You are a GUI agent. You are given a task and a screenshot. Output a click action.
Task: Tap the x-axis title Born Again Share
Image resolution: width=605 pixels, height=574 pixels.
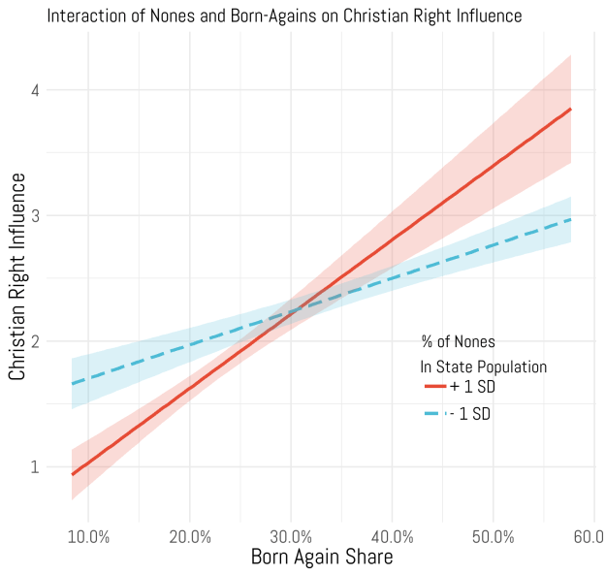click(322, 557)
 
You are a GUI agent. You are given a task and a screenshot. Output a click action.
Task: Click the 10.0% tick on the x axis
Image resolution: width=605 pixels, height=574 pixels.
click(89, 535)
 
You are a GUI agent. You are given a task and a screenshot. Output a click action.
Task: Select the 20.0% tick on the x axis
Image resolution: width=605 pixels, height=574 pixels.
click(190, 535)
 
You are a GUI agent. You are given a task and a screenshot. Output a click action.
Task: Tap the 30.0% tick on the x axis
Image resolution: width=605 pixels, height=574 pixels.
click(291, 535)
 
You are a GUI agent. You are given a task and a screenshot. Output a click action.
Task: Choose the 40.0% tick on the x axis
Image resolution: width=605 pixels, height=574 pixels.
click(393, 535)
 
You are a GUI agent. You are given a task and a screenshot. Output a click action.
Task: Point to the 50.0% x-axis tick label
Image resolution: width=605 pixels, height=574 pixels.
click(494, 535)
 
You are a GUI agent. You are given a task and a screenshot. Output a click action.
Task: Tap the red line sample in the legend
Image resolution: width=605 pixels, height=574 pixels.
click(434, 387)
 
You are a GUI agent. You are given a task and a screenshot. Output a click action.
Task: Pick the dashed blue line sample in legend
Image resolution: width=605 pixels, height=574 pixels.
click(434, 414)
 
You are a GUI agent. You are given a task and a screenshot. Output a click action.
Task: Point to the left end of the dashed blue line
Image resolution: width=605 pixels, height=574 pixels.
click(72, 383)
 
